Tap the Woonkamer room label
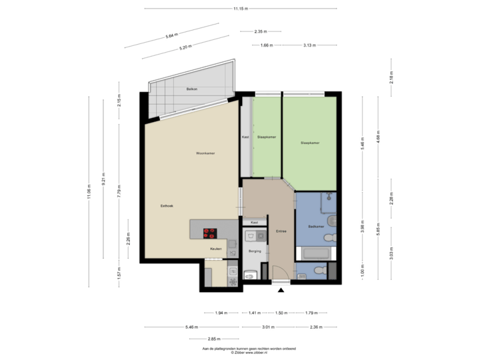[x=205, y=153]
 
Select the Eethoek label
[x=158, y=205]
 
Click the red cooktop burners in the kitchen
[x=211, y=233]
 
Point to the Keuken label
[x=215, y=249]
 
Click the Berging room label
[x=254, y=251]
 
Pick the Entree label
[x=281, y=231]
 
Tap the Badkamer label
[x=316, y=227]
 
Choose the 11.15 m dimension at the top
[x=241, y=9]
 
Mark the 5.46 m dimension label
[x=191, y=327]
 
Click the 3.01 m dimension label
[x=267, y=327]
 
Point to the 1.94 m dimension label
[x=221, y=312]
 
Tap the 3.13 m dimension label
[x=309, y=45]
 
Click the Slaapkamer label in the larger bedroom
[x=310, y=142]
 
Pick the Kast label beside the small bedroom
[x=245, y=137]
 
